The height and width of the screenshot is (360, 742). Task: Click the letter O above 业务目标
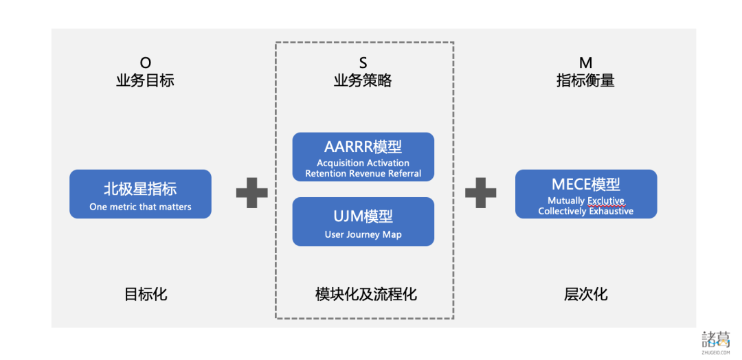click(x=145, y=64)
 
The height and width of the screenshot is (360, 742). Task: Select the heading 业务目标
click(x=145, y=80)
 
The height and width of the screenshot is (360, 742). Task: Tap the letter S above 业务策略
click(x=363, y=64)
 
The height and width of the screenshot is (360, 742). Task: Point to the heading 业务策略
click(x=363, y=80)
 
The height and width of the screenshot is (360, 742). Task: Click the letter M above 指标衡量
click(x=585, y=64)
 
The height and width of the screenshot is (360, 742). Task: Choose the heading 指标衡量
click(x=585, y=80)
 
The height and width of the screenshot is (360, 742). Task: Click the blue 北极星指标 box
click(x=140, y=194)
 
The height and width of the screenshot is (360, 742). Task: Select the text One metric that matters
click(x=140, y=206)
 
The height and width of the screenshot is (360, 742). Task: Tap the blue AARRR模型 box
click(x=363, y=157)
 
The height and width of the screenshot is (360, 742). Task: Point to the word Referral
click(x=403, y=174)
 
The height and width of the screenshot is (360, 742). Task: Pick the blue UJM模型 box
click(x=363, y=221)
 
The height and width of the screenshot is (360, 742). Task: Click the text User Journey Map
click(x=363, y=234)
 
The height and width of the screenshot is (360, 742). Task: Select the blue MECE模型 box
click(x=585, y=194)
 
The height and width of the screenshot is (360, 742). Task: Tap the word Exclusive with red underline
click(x=605, y=201)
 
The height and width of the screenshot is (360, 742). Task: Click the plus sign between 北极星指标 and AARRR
click(x=251, y=193)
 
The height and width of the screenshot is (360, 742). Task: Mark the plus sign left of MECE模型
click(x=480, y=193)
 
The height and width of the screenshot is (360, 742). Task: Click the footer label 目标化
click(x=145, y=294)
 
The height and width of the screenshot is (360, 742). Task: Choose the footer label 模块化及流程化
click(x=366, y=294)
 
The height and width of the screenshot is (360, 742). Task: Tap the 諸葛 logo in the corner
click(x=716, y=341)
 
